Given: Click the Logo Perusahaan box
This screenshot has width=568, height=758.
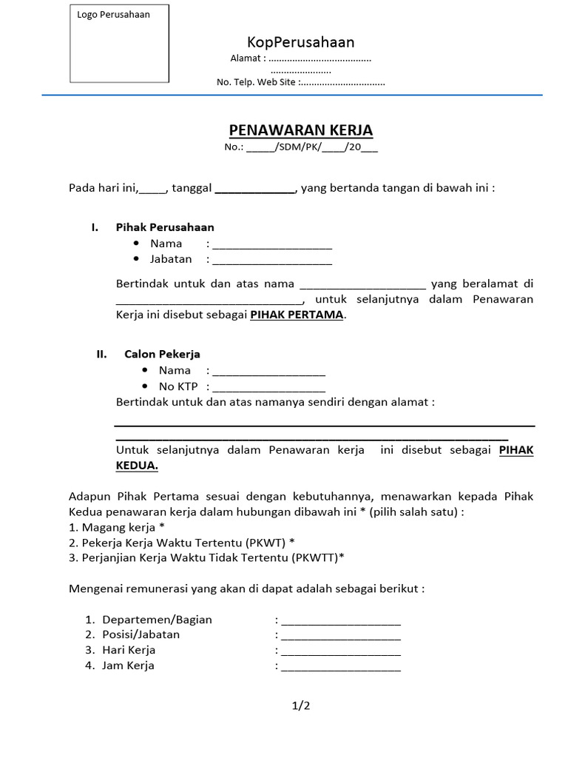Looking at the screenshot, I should click(x=119, y=43).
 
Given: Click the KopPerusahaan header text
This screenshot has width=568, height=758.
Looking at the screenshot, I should click(x=300, y=41).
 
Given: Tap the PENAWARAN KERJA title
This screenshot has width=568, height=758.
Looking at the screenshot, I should click(x=301, y=131).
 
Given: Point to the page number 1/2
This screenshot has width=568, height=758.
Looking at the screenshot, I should click(x=301, y=705).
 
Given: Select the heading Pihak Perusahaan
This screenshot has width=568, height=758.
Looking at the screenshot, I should click(x=165, y=227).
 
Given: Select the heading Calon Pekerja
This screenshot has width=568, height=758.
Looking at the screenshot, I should click(x=162, y=354).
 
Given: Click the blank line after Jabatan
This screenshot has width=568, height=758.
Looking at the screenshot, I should click(x=272, y=260).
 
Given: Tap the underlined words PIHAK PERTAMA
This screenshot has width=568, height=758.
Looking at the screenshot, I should click(x=297, y=315).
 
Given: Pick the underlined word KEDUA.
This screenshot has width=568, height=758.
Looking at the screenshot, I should click(x=137, y=466).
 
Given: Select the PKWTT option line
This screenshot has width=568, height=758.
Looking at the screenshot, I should click(x=207, y=558).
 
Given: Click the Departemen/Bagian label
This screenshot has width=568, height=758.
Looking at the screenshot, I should click(x=158, y=619).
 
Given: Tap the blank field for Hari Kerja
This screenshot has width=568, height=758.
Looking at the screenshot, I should click(x=341, y=651).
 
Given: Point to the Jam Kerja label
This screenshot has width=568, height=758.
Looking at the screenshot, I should click(x=129, y=665).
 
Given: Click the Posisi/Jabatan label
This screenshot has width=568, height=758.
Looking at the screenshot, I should click(x=141, y=634).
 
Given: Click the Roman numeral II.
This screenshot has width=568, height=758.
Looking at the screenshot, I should click(x=102, y=354).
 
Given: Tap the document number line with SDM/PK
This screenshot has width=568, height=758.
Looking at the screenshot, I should click(x=301, y=147).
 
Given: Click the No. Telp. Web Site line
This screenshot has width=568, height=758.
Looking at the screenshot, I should click(x=300, y=83).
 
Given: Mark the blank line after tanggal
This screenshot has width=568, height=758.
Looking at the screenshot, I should click(x=255, y=188).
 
